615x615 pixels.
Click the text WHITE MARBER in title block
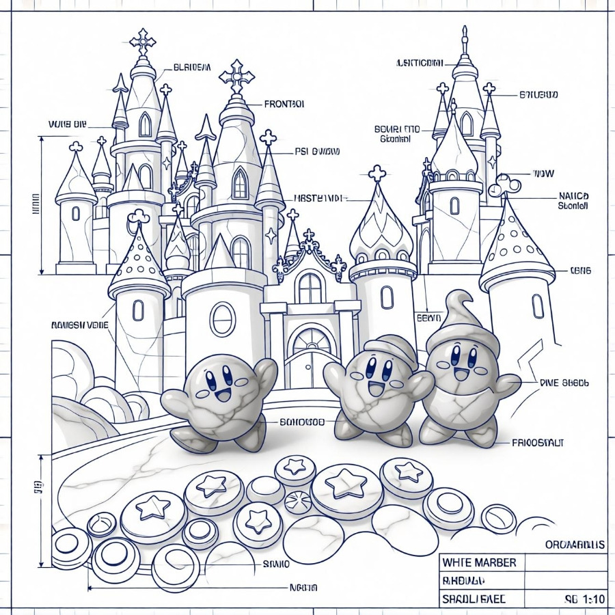(479, 563)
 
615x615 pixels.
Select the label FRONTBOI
(284, 105)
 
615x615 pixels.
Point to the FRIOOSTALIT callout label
(538, 443)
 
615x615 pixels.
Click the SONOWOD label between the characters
(301, 422)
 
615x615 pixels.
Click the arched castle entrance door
(312, 355)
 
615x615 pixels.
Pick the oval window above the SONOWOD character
(222, 318)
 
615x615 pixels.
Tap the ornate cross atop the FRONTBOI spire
(236, 75)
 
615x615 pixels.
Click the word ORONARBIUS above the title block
(575, 545)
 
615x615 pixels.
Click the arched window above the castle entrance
(311, 288)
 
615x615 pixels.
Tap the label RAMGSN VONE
(79, 325)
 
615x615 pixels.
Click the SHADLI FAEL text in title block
(474, 599)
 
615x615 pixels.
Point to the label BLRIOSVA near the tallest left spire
(192, 67)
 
